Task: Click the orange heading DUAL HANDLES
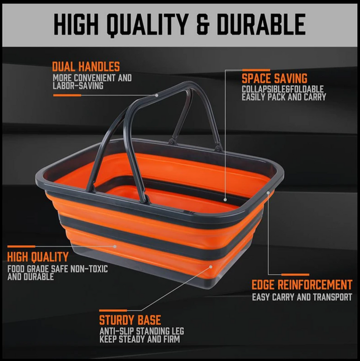click(x=86, y=66)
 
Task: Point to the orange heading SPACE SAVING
click(x=275, y=78)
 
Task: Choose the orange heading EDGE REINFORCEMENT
click(x=302, y=285)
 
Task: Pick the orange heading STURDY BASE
click(x=130, y=320)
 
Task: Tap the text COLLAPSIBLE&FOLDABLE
click(x=283, y=89)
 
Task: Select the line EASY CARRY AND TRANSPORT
click(x=302, y=297)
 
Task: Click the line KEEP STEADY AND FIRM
click(x=139, y=339)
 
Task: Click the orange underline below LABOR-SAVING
click(x=67, y=95)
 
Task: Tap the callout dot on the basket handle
click(x=157, y=95)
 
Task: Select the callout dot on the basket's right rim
click(x=268, y=193)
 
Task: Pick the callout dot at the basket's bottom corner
click(x=210, y=265)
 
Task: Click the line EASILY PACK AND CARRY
click(x=284, y=97)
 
